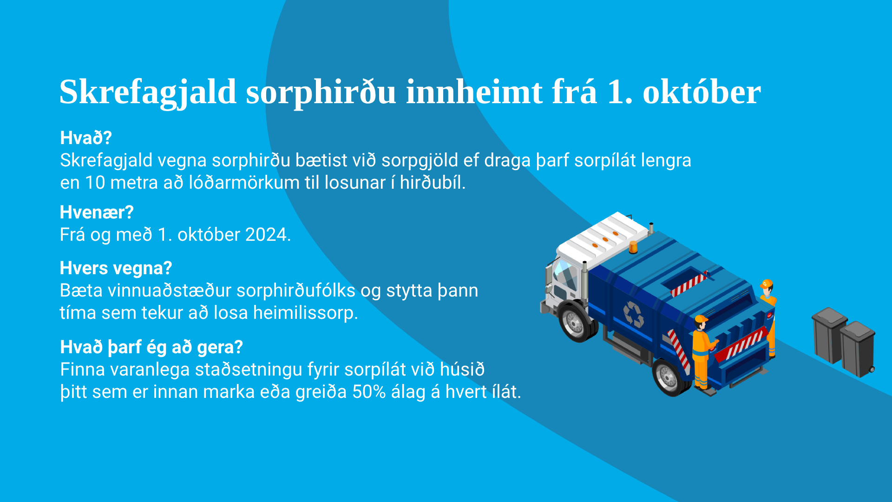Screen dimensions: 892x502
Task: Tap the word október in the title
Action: [702, 92]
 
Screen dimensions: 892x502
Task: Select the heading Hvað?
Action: [86, 138]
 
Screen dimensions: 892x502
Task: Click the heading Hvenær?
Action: [97, 212]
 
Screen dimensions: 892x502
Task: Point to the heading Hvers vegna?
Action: [116, 268]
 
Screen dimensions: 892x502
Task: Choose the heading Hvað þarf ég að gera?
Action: [151, 347]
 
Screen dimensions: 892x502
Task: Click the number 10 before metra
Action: [95, 183]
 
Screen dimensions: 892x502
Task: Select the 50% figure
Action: [369, 392]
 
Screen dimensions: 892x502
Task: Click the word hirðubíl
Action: [433, 183]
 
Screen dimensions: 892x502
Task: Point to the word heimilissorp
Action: [305, 313]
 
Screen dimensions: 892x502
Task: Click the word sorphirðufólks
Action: [296, 291]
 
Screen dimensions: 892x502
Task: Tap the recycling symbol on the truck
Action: [634, 315]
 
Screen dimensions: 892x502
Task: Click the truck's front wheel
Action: [577, 322]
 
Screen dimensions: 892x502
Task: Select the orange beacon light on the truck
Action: [633, 247]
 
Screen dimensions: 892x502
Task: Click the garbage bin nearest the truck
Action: [829, 335]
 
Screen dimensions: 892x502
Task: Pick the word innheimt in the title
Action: [474, 92]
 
